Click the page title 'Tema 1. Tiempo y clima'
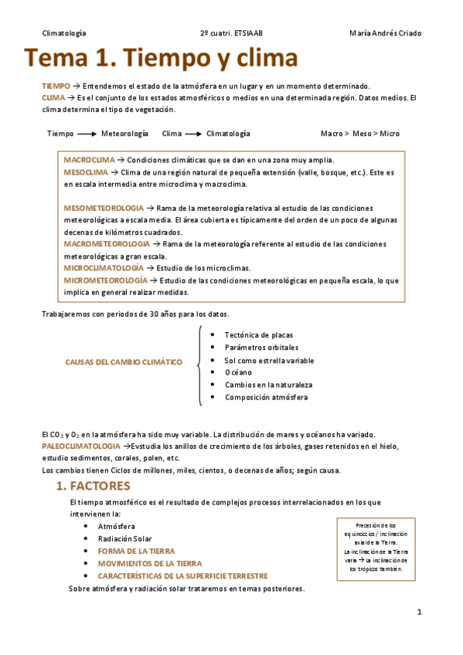tap(161, 59)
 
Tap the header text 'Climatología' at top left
tap(63, 33)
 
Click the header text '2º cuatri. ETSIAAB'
tap(236, 33)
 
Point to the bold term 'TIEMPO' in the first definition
tap(56, 86)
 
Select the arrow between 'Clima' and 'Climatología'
tap(193, 134)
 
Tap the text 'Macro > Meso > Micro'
tap(360, 134)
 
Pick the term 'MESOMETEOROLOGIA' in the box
tap(103, 209)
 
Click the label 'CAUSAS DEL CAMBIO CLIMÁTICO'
tap(124, 361)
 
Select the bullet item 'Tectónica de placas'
tap(257, 335)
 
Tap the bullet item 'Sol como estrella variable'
tap(269, 360)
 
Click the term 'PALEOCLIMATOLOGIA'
tap(81, 446)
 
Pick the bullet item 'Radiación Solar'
tap(125, 539)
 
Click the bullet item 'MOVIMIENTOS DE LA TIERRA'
tap(150, 564)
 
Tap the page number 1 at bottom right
tap(419, 613)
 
